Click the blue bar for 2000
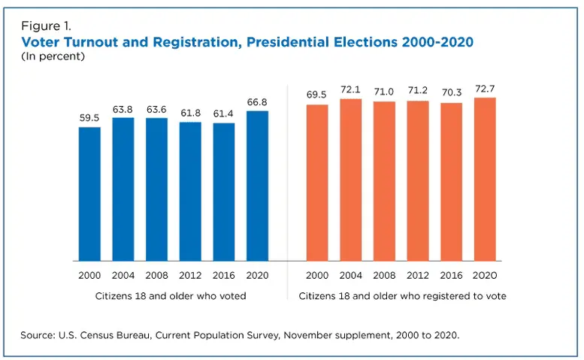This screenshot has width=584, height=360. pos(89,193)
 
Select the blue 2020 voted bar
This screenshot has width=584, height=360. pos(257,186)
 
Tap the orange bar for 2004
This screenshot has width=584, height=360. pos(351,180)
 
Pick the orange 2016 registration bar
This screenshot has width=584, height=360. pos(452,181)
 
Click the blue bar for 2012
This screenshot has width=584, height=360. pos(190,191)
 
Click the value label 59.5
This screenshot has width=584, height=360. pos(89,118)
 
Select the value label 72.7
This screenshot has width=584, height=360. pos(486,89)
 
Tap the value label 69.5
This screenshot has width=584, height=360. pos(318,96)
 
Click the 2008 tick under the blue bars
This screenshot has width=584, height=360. pos(156,276)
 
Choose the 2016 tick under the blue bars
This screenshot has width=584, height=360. pos(223,276)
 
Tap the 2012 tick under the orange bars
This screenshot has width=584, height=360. pos(419,276)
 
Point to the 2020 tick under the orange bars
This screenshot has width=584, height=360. pos(486,276)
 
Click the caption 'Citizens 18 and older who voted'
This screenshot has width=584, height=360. pos(173,296)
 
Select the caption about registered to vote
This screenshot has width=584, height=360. pos(402,296)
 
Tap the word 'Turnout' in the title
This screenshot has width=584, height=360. pos(107,42)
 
